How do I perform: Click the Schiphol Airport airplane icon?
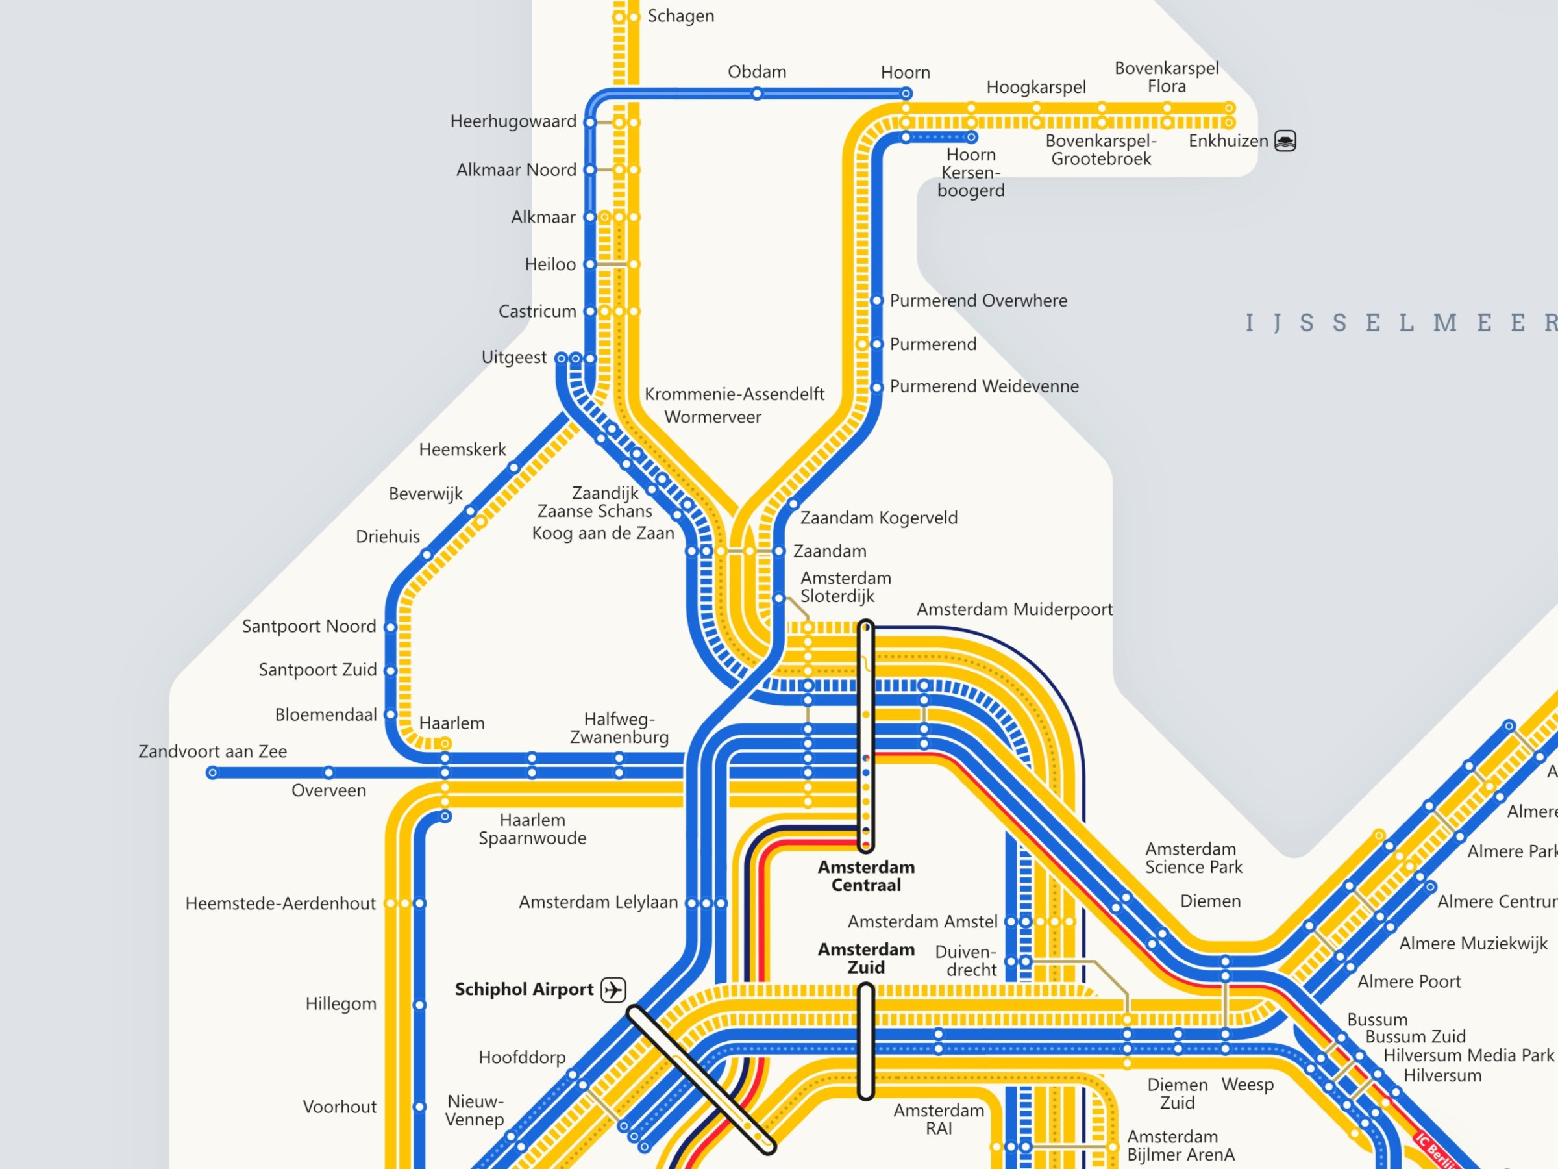coord(613,989)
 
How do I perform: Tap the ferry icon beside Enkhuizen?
coord(1285,141)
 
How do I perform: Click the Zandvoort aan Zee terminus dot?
coord(212,773)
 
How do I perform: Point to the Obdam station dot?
coord(756,94)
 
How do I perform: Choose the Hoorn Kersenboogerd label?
coord(971,173)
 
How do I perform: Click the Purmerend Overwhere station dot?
coord(877,301)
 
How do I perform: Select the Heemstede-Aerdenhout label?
coord(280,903)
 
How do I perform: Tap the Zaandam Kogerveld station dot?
coord(793,504)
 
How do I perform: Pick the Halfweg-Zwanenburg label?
coord(619,728)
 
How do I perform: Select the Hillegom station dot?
coord(419,1005)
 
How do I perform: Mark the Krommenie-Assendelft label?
coord(734,394)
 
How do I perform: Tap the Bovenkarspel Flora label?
coord(1167,77)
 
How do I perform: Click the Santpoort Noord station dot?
coord(390,627)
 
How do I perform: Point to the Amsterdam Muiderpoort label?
coord(1014,610)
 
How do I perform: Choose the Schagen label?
coord(680,16)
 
